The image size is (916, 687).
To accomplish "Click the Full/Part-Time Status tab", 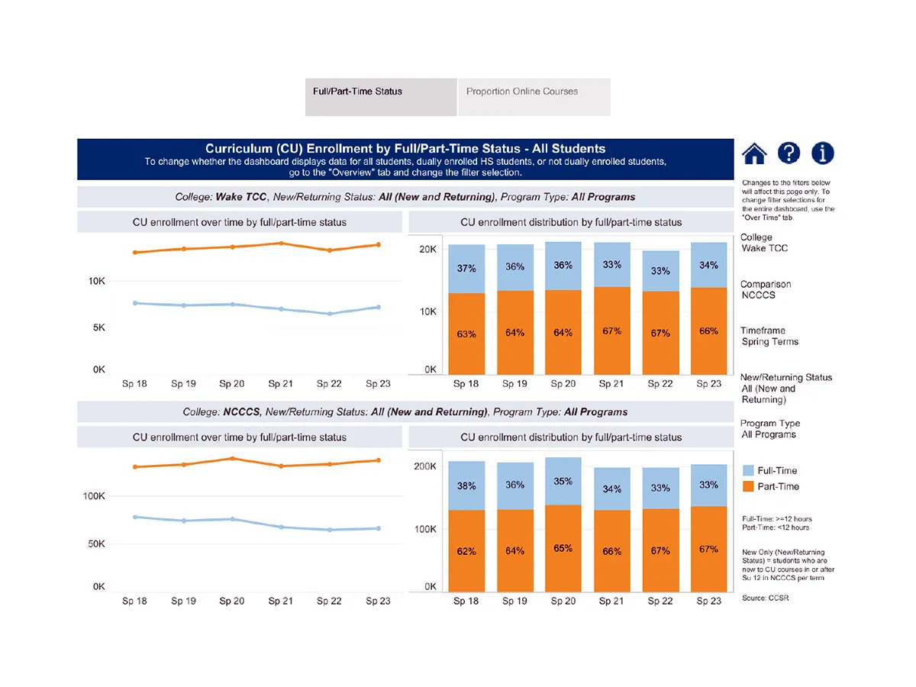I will pyautogui.click(x=357, y=92).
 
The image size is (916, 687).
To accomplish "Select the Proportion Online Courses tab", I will pyautogui.click(x=522, y=92).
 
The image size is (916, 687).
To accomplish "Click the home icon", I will pyautogui.click(x=754, y=153).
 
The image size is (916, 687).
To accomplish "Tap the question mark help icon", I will pyautogui.click(x=789, y=153).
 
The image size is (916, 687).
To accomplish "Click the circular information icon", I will pyautogui.click(x=822, y=153).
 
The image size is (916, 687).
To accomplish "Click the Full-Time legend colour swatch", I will pyautogui.click(x=748, y=471).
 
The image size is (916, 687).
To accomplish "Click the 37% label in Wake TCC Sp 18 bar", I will pyautogui.click(x=466, y=269).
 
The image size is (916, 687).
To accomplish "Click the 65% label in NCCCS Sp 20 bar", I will pyautogui.click(x=563, y=548).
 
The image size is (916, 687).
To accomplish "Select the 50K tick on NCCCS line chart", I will pyautogui.click(x=94, y=544).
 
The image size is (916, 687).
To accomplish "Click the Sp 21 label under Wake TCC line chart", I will pyautogui.click(x=280, y=384).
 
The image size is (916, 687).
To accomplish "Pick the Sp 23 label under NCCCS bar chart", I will pyautogui.click(x=708, y=601).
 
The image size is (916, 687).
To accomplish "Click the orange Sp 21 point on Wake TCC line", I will pyautogui.click(x=281, y=244).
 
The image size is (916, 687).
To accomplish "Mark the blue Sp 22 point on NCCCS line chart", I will pyautogui.click(x=329, y=530).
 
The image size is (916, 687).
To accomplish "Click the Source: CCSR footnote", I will pyautogui.click(x=765, y=598).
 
